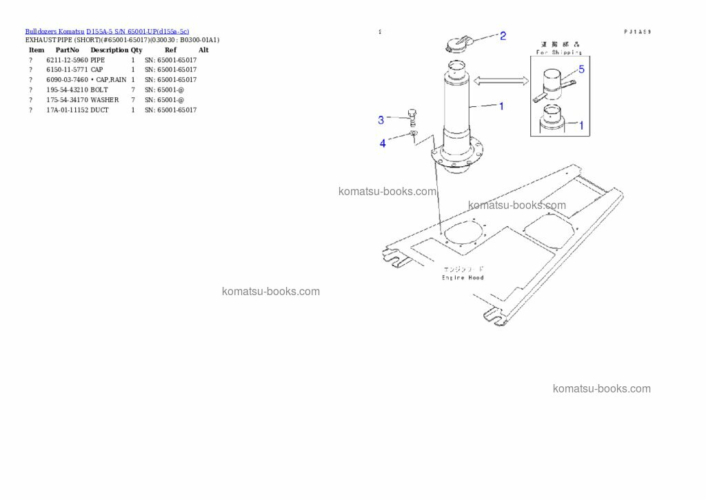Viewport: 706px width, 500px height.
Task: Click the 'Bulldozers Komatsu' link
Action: tap(54, 31)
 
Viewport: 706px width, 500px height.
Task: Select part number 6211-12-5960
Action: tap(67, 60)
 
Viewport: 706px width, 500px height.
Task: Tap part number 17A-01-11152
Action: tap(67, 110)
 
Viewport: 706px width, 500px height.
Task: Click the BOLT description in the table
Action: tap(99, 90)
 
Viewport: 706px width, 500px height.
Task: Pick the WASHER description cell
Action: tap(104, 100)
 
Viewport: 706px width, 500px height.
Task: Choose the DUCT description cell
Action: tap(99, 110)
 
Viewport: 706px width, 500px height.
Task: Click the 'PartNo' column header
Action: tap(67, 50)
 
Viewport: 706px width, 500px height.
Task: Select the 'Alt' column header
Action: tap(203, 50)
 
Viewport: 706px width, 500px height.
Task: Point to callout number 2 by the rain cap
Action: tap(503, 36)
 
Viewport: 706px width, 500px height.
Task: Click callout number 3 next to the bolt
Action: tap(381, 121)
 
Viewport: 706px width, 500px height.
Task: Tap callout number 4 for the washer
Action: tap(383, 143)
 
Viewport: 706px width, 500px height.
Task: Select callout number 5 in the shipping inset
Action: tap(581, 70)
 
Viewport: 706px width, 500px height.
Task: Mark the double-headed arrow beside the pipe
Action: tap(501, 81)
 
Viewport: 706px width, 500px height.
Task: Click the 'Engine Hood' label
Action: tap(463, 277)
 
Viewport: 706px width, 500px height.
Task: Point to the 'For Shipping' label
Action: tap(558, 52)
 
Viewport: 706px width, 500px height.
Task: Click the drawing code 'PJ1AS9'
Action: tap(638, 32)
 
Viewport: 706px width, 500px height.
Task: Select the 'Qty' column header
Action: tap(137, 50)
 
